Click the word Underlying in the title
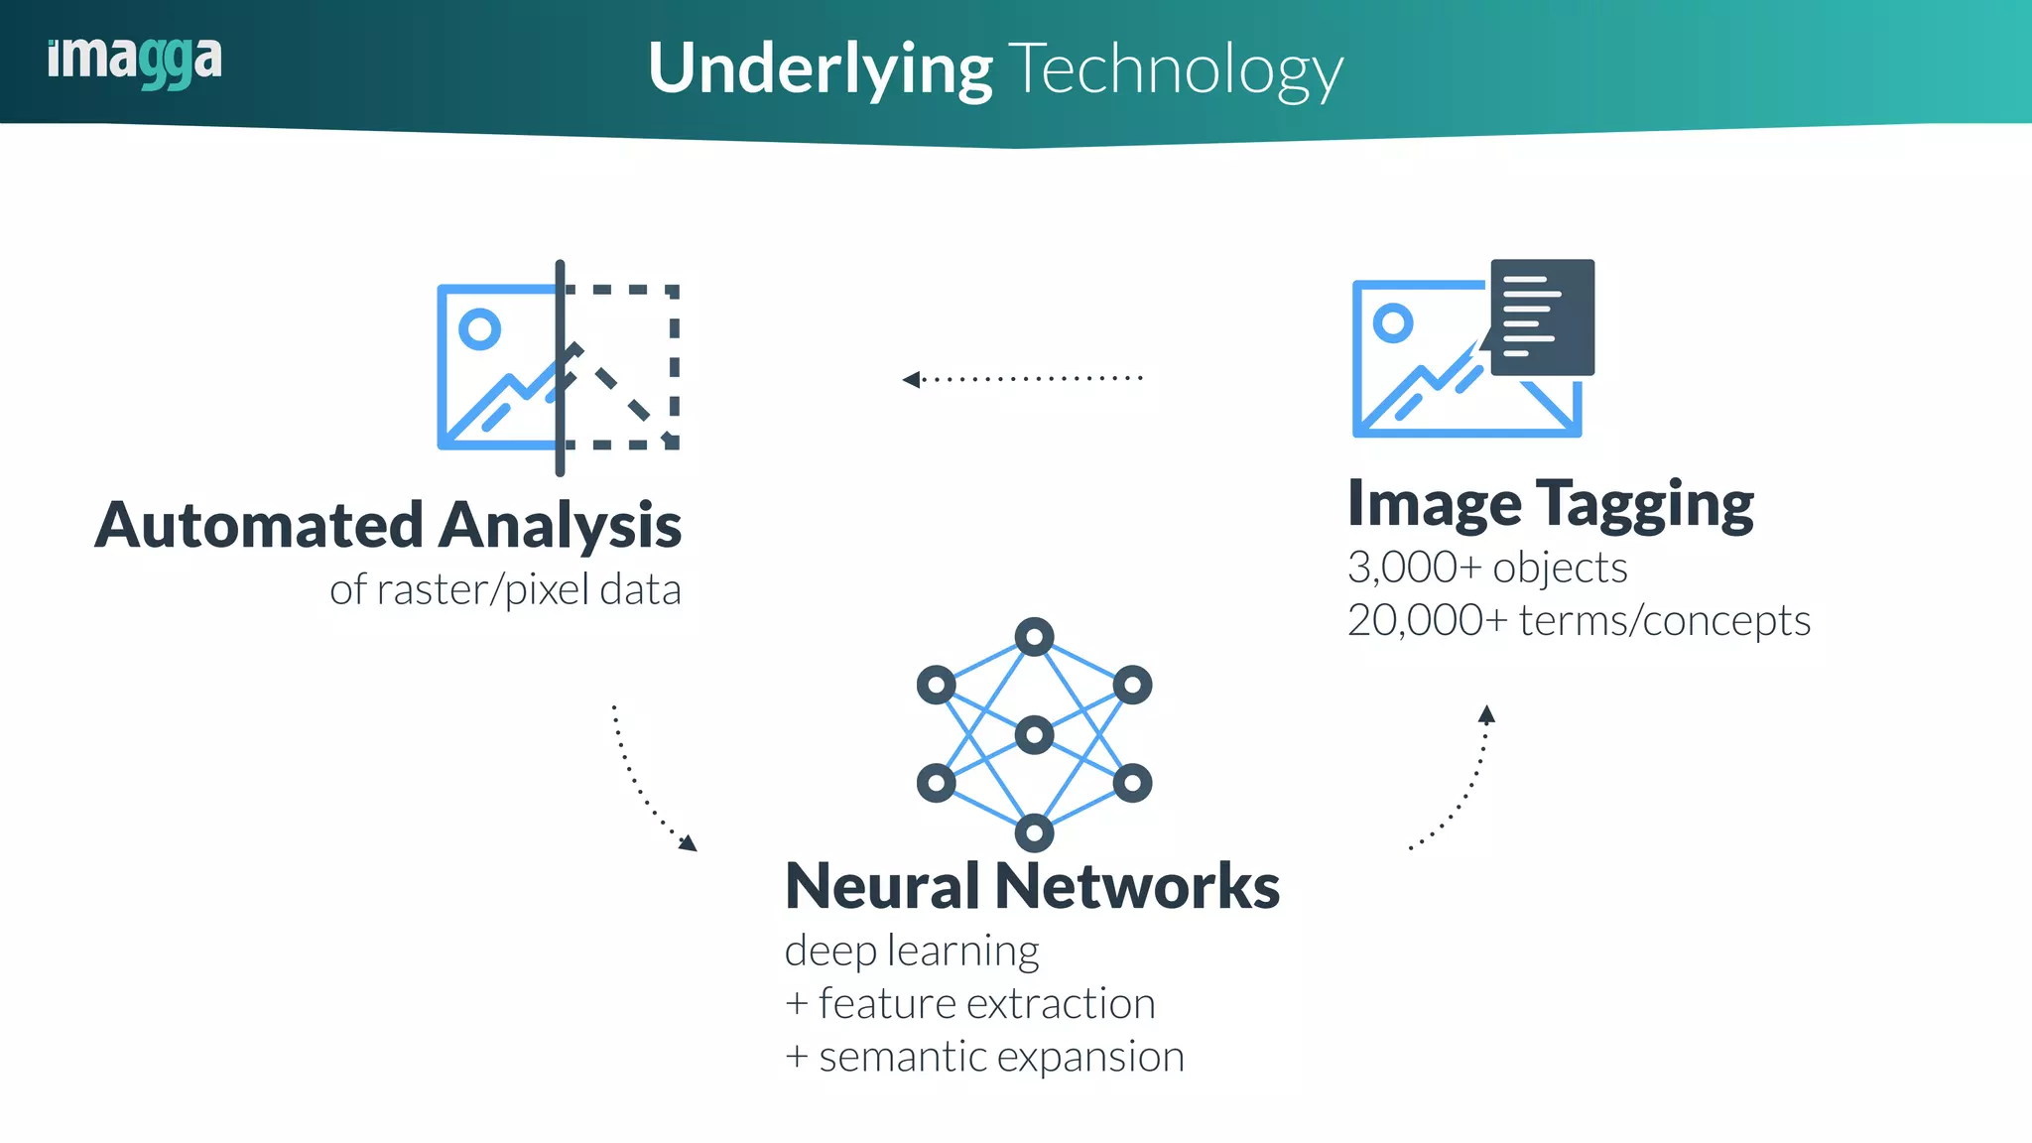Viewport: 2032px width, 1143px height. pos(820,69)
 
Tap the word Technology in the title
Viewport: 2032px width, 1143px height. pos(1176,69)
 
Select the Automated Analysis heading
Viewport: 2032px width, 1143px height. pos(388,525)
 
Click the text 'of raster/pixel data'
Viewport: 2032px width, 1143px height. pos(505,589)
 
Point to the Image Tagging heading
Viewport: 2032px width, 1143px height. pos(1551,504)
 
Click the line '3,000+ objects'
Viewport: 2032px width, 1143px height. pos(1487,568)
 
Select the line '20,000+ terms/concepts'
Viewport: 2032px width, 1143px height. pos(1579,620)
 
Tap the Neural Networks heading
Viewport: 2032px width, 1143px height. pos(1032,885)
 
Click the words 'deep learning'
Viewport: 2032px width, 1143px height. pos(912,951)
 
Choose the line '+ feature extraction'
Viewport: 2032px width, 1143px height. pos(969,1003)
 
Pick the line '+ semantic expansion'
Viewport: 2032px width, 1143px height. pos(984,1057)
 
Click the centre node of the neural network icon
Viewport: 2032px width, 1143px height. pos(1035,735)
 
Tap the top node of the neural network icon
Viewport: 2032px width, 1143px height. pos(1035,637)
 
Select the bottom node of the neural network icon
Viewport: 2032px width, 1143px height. pos(1035,832)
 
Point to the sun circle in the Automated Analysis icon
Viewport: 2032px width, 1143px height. pos(480,328)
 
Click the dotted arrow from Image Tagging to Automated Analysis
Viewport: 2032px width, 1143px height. pos(1022,378)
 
